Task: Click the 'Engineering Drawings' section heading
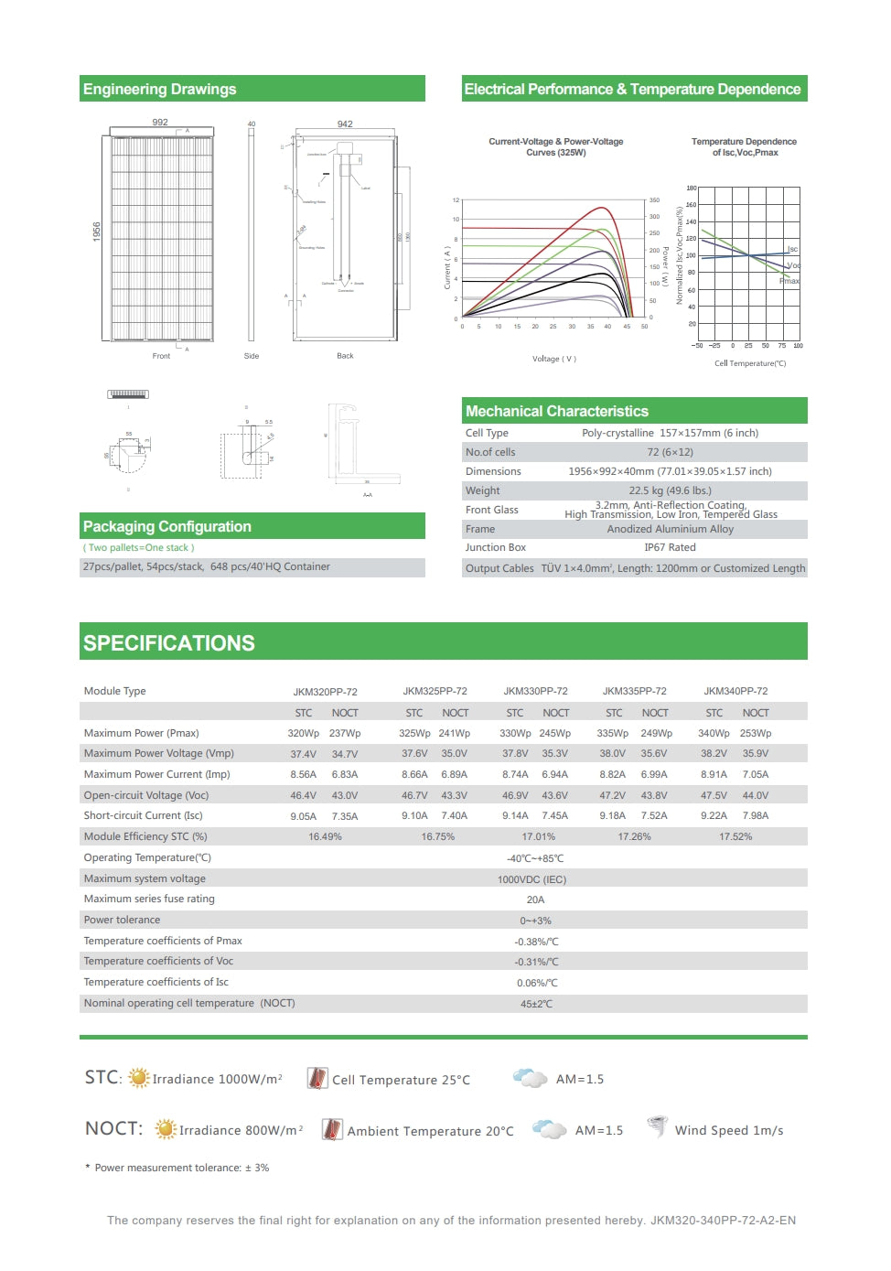160,89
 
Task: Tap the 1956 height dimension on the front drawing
97,232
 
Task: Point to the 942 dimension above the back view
345,124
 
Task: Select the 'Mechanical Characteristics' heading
556,411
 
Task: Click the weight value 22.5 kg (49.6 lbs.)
670,490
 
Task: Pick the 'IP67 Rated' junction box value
670,547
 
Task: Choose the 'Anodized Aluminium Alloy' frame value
670,529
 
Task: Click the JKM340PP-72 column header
735,691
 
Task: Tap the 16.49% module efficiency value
325,836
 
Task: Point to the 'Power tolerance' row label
122,920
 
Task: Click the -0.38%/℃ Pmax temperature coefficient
536,942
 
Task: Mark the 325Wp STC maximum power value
414,733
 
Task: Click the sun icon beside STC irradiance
139,1078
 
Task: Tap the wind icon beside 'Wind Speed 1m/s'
656,1126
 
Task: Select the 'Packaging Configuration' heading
167,526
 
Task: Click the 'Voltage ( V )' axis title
554,359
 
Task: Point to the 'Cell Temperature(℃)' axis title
750,363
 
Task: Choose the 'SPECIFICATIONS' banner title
169,643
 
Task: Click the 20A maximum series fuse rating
536,899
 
